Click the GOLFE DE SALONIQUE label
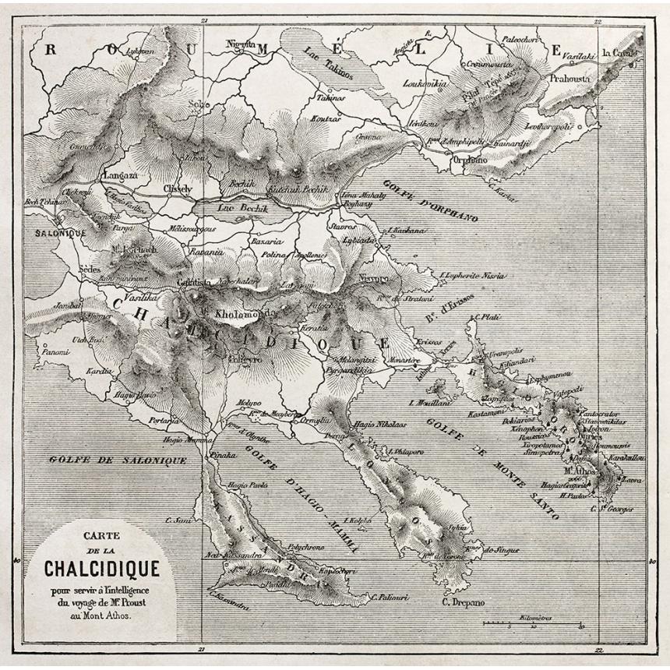tap(118, 460)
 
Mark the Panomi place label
tap(55, 352)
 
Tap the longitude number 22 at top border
tap(597, 22)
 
